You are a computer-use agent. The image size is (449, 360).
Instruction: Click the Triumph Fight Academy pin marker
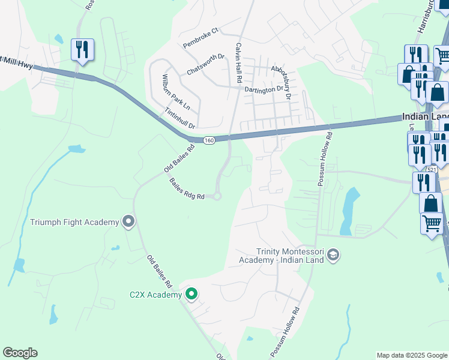(128, 222)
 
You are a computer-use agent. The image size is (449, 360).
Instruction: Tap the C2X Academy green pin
(191, 294)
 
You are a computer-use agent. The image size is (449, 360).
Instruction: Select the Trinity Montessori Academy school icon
(334, 256)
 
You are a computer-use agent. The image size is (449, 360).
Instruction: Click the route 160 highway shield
(208, 140)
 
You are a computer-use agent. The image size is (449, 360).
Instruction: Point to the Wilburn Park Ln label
(175, 92)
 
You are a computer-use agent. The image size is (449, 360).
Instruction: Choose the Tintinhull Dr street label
(180, 118)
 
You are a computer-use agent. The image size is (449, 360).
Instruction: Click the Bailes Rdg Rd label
(187, 188)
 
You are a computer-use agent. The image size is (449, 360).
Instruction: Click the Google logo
(20, 353)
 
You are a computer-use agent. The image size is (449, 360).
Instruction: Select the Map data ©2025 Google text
(411, 355)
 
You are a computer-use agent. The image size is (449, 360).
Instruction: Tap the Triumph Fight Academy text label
(74, 223)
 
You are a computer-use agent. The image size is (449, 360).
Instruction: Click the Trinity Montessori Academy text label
(290, 256)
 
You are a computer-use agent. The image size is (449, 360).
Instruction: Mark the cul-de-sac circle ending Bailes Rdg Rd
(217, 196)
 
